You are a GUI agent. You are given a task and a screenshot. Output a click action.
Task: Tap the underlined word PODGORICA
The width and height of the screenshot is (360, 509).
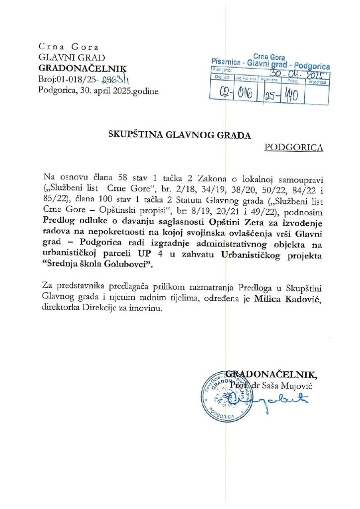[294, 147]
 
